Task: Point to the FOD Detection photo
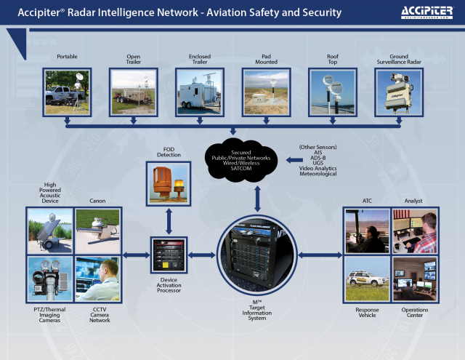pyautogui.click(x=169, y=183)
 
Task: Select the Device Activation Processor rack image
pyautogui.click(x=169, y=255)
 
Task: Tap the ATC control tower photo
pyautogui.click(x=365, y=231)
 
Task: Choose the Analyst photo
pyautogui.click(x=414, y=231)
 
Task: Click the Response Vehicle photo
pyautogui.click(x=365, y=278)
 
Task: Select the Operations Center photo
pyautogui.click(x=414, y=278)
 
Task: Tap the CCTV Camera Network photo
pyautogui.click(x=97, y=279)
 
